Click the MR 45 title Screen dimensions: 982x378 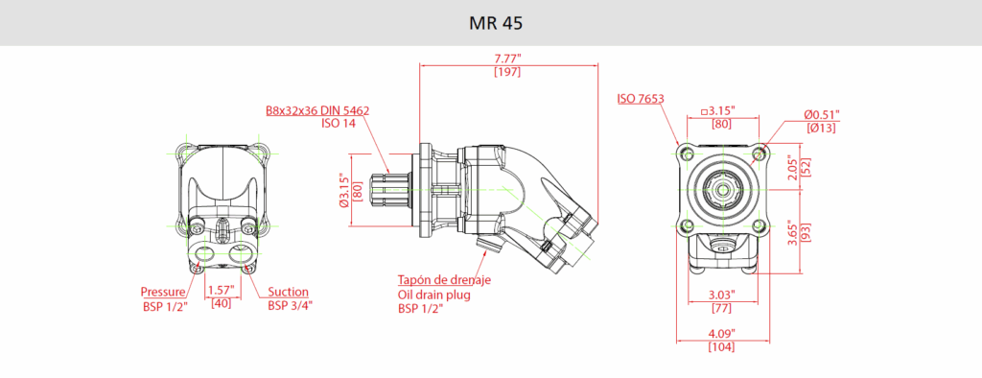(496, 23)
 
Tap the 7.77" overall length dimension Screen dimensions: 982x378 (507, 59)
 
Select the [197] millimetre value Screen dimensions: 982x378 (507, 72)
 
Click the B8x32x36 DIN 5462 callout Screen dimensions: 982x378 (317, 110)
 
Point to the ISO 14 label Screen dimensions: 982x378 (339, 124)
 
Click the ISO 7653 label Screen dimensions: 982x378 (641, 99)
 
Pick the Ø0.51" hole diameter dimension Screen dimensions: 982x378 (822, 115)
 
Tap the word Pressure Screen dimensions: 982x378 (163, 292)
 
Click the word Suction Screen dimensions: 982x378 (288, 292)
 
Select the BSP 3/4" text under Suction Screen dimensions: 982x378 (290, 305)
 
